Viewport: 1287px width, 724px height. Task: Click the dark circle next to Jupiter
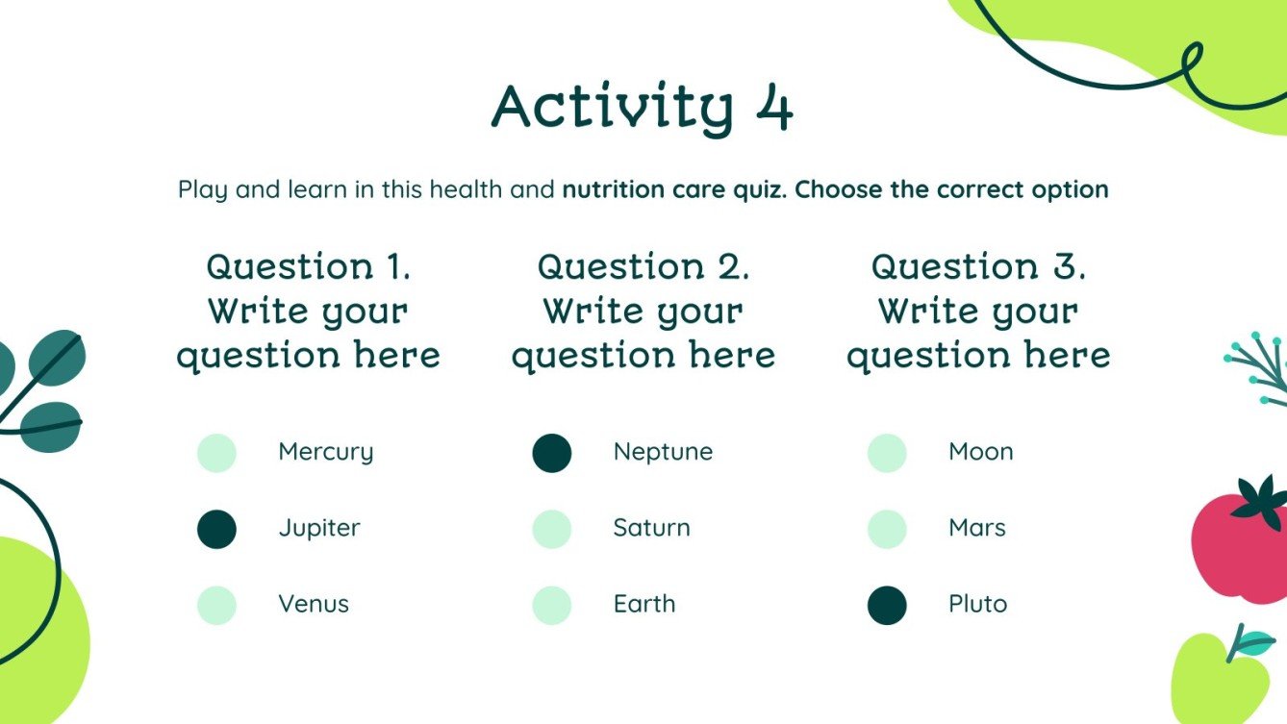[216, 529]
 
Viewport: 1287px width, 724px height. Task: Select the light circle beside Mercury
[216, 453]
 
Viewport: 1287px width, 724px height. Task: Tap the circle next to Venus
[216, 606]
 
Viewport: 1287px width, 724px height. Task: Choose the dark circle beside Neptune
[551, 453]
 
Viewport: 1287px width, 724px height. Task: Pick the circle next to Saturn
[551, 529]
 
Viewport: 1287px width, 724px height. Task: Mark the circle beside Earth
[551, 606]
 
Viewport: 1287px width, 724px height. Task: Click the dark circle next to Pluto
[887, 606]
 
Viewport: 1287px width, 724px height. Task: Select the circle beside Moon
[887, 453]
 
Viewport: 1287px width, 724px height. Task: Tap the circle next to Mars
[887, 529]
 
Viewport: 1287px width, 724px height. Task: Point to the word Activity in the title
[612, 108]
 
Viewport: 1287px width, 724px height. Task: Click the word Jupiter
[319, 529]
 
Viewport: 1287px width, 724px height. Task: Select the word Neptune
[663, 452]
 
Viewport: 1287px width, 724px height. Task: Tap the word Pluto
[977, 605]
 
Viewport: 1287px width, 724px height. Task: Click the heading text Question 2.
[643, 266]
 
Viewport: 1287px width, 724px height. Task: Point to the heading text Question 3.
[978, 266]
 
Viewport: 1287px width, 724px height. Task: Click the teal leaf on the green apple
[1251, 642]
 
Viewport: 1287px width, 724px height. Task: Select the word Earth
[644, 605]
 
